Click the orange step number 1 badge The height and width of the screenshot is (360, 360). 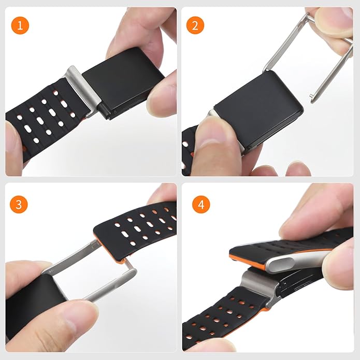click(20, 25)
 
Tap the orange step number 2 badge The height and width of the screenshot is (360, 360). click(195, 25)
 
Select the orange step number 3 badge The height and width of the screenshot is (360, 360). click(19, 204)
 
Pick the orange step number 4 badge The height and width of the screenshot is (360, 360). click(201, 204)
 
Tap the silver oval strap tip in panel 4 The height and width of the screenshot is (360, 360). click(278, 264)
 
